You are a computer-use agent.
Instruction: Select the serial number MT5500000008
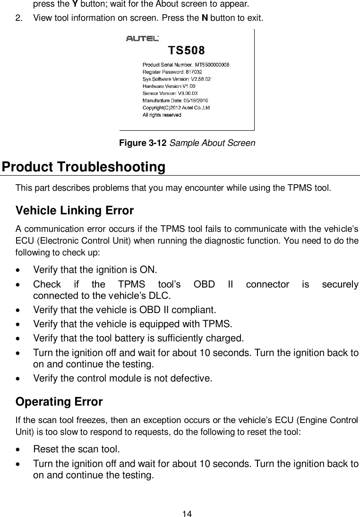coord(212,65)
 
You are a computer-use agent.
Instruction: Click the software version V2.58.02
coord(198,79)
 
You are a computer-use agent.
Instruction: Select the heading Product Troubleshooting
coord(84,168)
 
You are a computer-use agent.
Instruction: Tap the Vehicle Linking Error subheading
coord(75,210)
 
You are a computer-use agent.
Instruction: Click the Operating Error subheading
coord(59,402)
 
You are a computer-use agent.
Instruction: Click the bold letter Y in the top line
coord(61,5)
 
